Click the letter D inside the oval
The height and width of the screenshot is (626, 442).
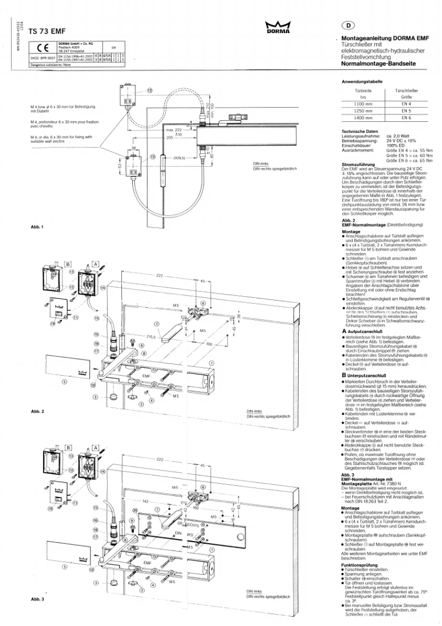tap(348, 25)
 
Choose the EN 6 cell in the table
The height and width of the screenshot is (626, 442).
tap(407, 119)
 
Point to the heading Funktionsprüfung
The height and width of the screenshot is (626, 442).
tap(360, 565)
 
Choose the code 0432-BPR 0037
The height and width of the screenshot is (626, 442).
tap(42, 57)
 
